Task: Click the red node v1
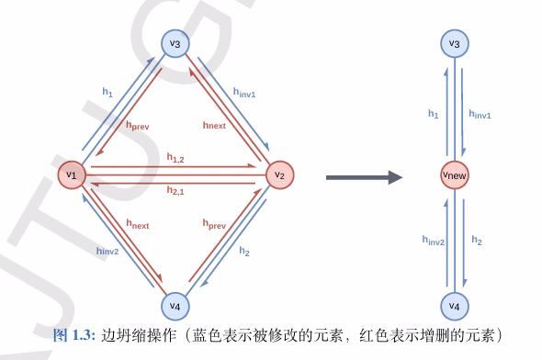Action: [72, 175]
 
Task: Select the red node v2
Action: [280, 175]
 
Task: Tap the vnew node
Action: [455, 175]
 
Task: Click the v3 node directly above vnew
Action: [455, 43]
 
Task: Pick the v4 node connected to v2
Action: [175, 306]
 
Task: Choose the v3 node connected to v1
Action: [175, 43]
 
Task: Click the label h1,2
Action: [175, 158]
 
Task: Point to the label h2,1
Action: [175, 190]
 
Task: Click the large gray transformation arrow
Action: [365, 177]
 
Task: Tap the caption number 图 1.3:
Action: [74, 335]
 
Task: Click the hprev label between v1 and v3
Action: [138, 126]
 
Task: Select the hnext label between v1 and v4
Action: [138, 224]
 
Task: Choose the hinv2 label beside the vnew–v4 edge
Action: [433, 240]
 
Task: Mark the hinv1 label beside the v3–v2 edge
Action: [244, 93]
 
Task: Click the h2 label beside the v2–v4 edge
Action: [244, 251]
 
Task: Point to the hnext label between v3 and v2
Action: [214, 125]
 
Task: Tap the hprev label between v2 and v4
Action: [214, 224]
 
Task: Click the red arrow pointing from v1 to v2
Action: [173, 166]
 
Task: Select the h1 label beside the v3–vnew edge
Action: [433, 114]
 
